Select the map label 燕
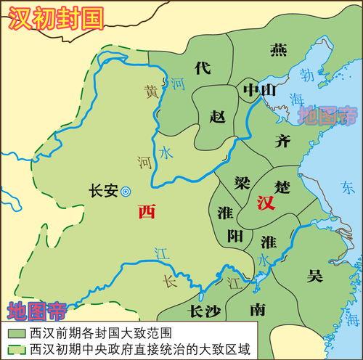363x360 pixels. click(x=278, y=49)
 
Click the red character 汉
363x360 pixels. click(x=265, y=202)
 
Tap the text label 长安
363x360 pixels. click(x=102, y=191)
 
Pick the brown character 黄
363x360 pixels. click(x=150, y=92)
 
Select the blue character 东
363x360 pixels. click(x=354, y=185)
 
